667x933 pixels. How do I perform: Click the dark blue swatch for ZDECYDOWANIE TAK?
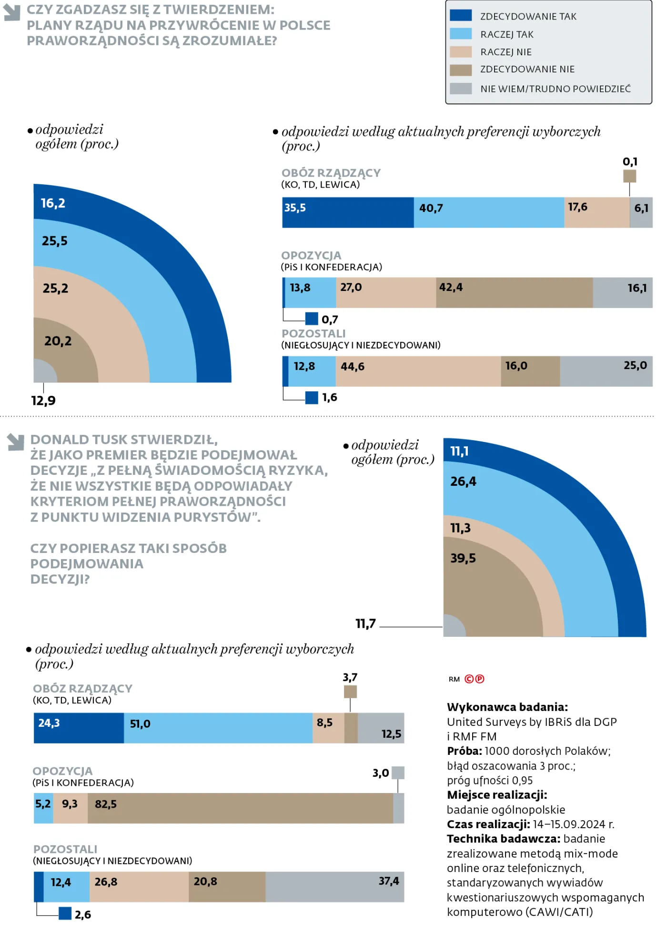460,16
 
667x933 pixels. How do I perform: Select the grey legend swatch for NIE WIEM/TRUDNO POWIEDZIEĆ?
460,89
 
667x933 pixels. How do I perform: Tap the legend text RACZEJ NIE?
505,52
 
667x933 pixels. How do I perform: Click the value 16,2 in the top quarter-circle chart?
53,203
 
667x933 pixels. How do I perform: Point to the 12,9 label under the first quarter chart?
43,401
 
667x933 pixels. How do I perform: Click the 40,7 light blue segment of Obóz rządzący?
488,212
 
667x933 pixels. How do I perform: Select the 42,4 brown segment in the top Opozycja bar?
514,292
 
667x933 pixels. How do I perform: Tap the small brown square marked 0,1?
629,176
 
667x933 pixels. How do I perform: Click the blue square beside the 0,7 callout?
312,319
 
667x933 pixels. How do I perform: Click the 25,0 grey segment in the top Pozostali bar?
606,371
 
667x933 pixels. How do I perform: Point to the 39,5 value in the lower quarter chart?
463,558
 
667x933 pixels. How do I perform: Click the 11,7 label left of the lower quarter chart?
365,623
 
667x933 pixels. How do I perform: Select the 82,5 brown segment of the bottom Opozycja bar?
240,808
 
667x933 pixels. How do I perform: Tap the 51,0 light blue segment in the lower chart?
218,728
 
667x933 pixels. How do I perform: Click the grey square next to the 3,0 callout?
398,772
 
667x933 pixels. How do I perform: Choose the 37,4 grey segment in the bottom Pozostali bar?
334,887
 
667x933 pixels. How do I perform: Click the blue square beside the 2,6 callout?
65,913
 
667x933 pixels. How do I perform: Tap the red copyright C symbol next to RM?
469,679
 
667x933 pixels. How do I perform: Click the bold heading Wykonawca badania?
507,707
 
